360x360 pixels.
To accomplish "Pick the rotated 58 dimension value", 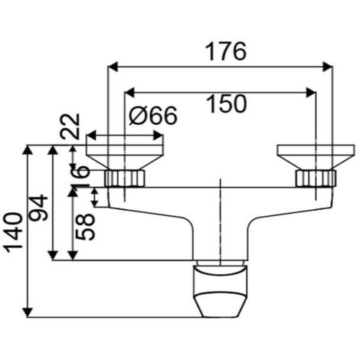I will point(87,226).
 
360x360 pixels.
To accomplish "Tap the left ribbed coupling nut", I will point(124,178).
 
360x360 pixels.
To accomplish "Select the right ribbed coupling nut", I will point(315,178).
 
